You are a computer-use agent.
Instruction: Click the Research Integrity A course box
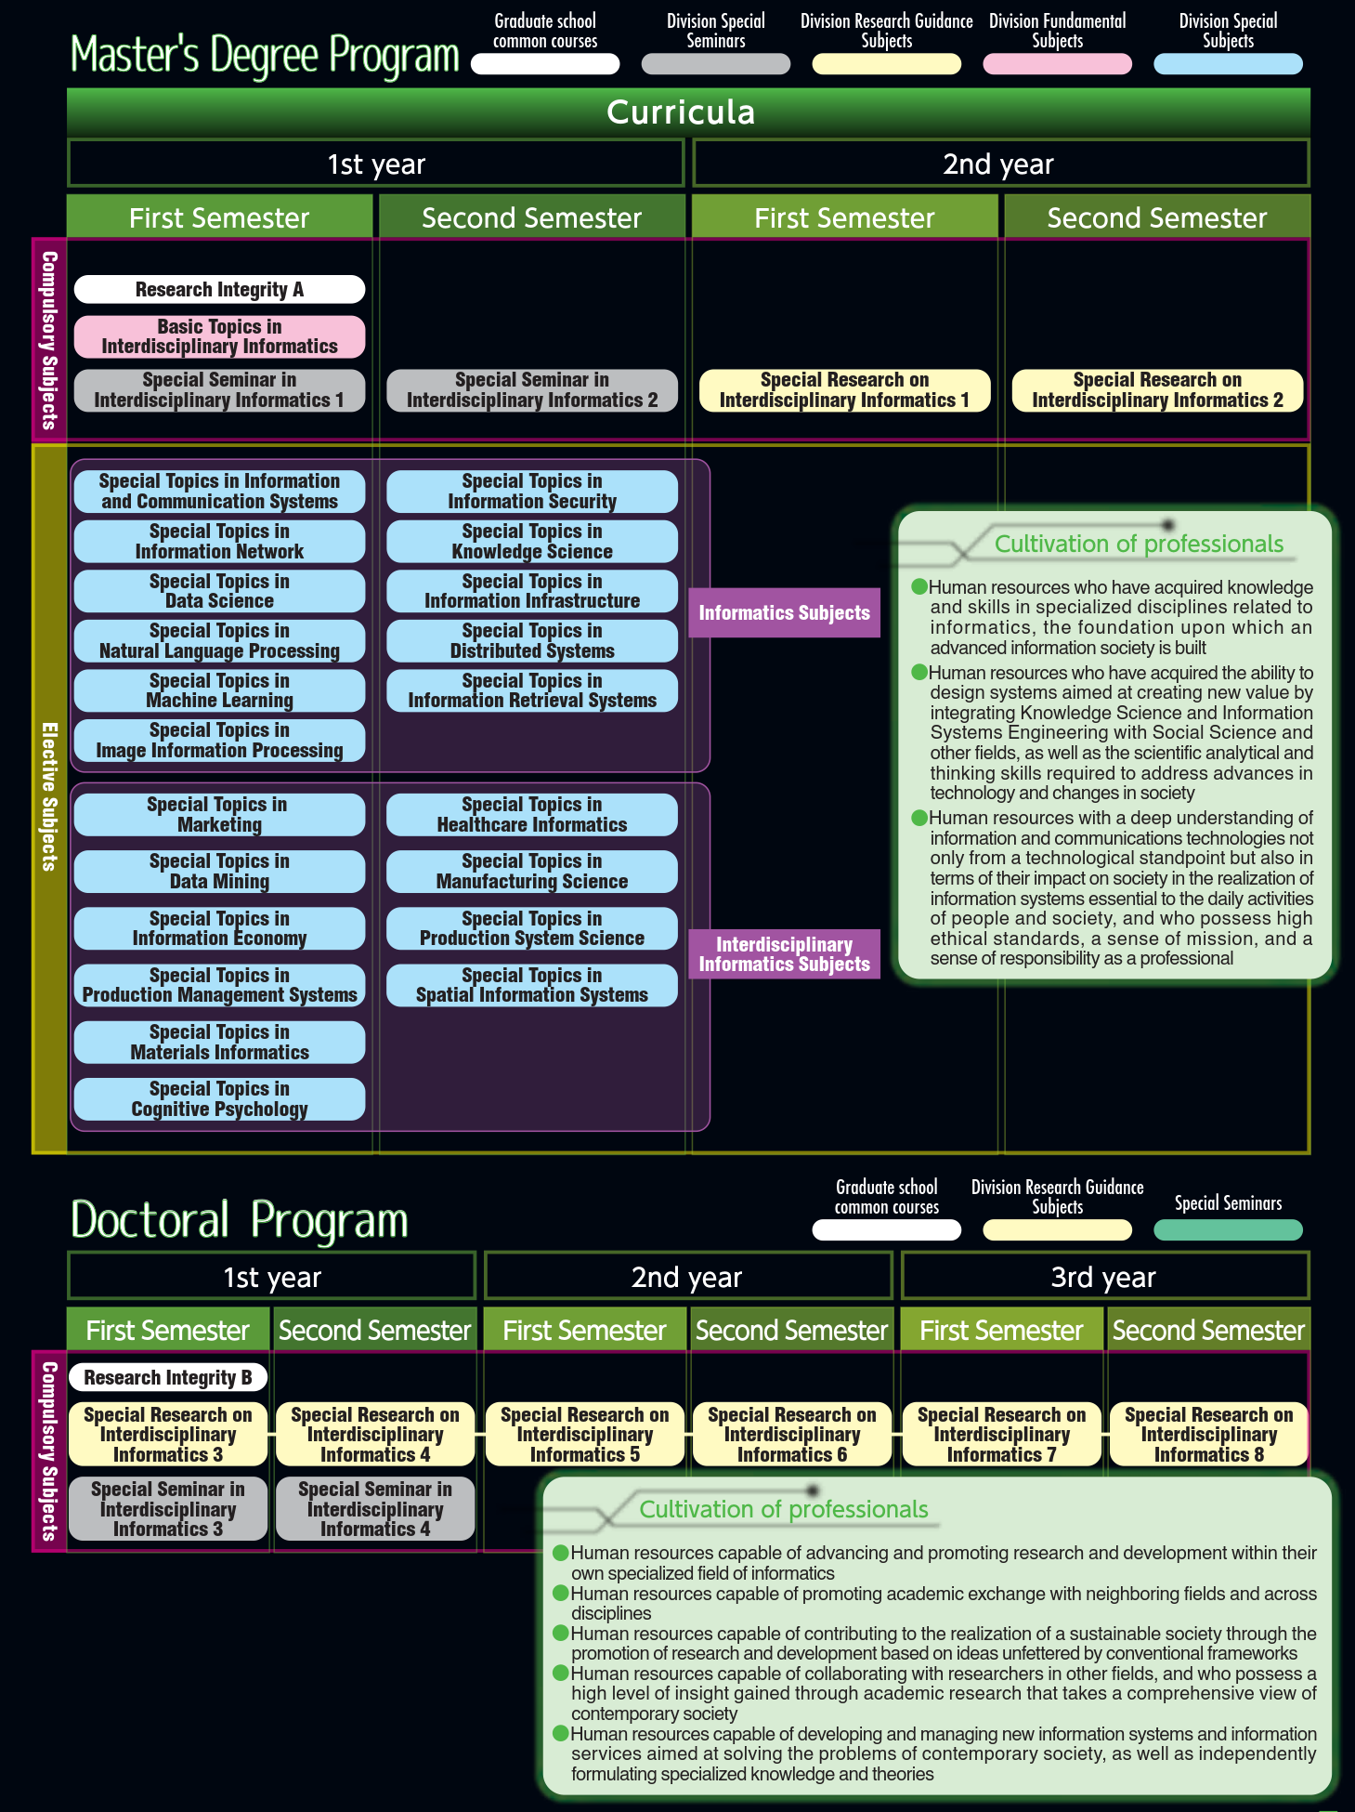coord(219,289)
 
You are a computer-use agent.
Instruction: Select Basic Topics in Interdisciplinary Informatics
coord(219,336)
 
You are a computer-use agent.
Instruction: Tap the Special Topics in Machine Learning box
coord(219,690)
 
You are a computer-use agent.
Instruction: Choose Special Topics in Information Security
coord(532,492)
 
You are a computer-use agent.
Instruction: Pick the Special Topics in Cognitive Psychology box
coord(219,1099)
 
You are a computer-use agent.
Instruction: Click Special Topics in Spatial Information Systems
coord(532,985)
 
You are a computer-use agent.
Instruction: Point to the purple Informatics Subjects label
coord(784,612)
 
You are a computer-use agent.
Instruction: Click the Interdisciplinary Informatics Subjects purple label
coord(784,954)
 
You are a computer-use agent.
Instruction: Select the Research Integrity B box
coord(168,1377)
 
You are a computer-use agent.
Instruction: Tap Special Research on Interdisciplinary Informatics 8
coord(1208,1435)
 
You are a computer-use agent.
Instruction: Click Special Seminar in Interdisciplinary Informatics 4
coord(375,1509)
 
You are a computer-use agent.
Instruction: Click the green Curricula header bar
coord(688,112)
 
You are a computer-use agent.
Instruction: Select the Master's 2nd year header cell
coord(999,164)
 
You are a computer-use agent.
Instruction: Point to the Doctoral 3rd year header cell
coord(1103,1277)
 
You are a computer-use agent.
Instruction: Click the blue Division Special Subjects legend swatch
coord(1228,64)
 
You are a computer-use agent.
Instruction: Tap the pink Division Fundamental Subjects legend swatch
coord(1057,64)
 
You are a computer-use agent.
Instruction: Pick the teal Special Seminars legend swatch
coord(1228,1230)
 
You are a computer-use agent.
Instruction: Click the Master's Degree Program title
coord(265,55)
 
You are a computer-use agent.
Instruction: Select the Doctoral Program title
coord(240,1220)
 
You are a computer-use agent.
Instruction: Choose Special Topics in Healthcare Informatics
coord(532,815)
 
